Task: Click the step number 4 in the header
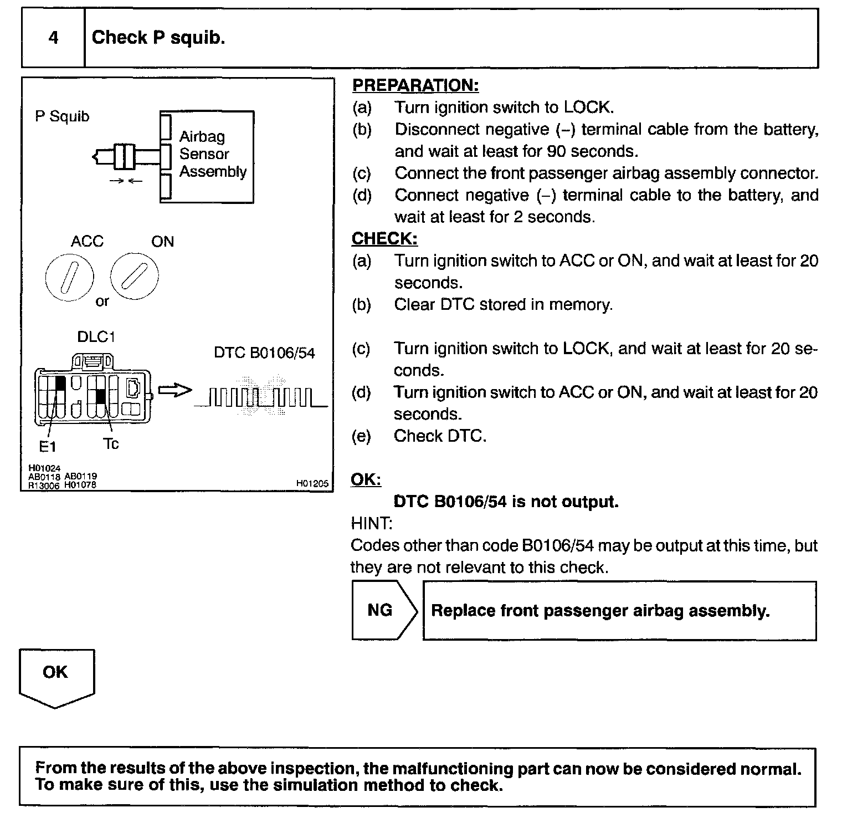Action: [53, 38]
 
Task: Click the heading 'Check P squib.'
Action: [158, 38]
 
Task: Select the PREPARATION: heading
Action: [415, 85]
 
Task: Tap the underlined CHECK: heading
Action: [384, 239]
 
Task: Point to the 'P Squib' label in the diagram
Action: [62, 116]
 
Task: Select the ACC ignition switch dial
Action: [70, 277]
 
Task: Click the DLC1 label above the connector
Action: [96, 337]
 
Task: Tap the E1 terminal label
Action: [48, 446]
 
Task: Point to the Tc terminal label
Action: [111, 444]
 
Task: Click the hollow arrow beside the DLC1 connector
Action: [174, 391]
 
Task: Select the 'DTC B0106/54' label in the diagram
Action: [264, 353]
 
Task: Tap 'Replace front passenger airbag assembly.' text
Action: [600, 611]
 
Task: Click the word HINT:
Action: [372, 523]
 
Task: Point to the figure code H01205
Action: [312, 484]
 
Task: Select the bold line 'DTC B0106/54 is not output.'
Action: [506, 502]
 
